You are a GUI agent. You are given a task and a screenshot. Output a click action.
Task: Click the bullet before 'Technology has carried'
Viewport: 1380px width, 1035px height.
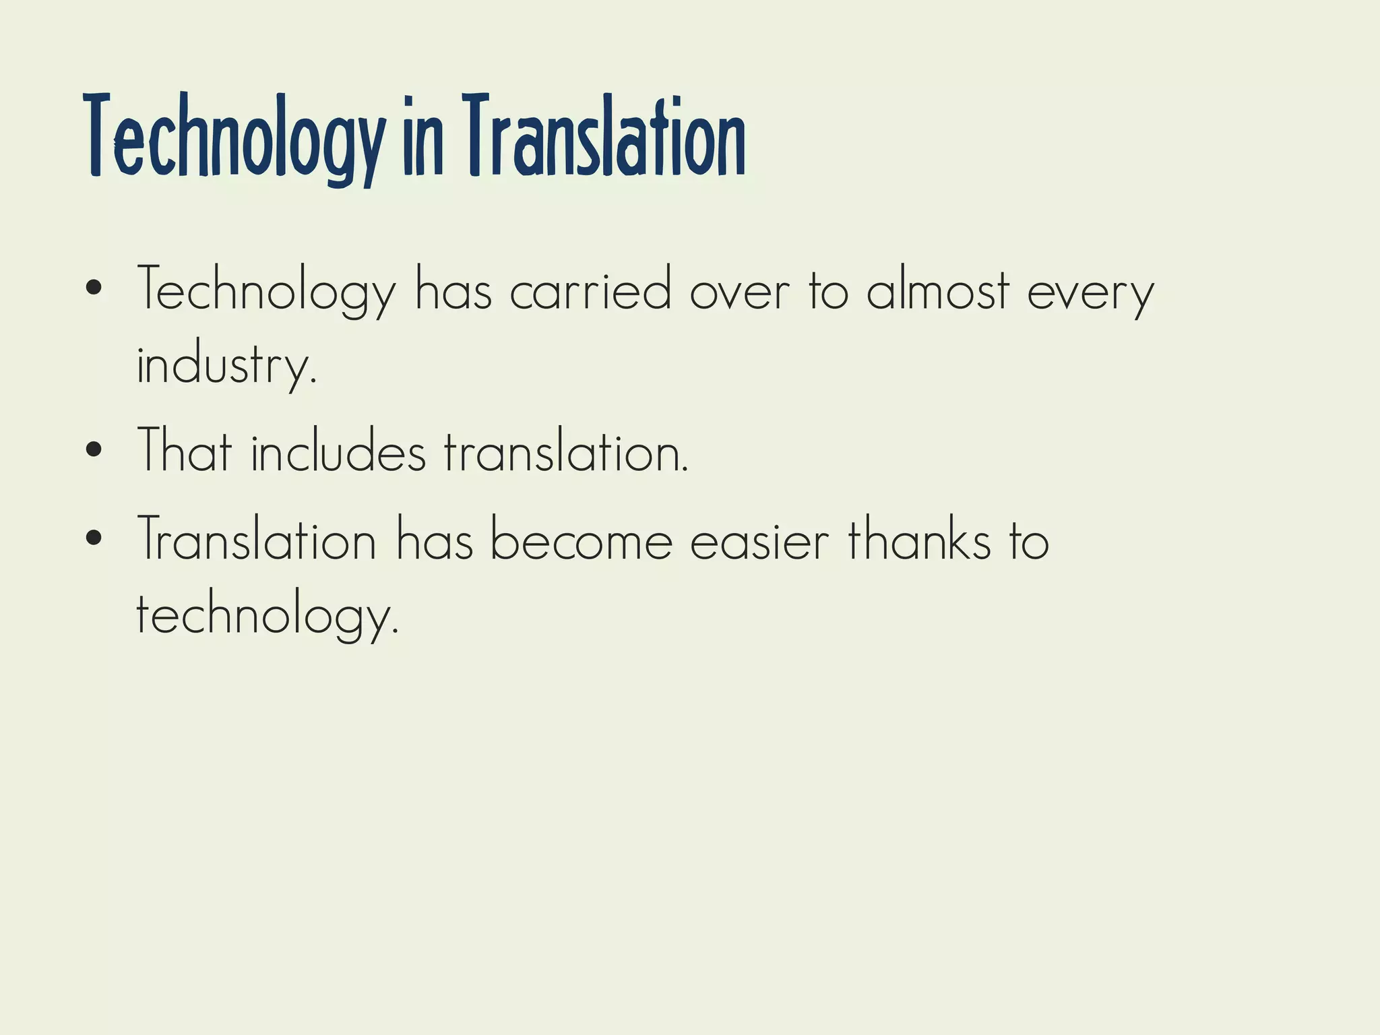(94, 289)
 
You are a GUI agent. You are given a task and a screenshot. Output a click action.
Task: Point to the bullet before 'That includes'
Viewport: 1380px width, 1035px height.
(94, 449)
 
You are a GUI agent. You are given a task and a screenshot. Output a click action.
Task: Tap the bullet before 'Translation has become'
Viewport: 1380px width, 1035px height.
(94, 538)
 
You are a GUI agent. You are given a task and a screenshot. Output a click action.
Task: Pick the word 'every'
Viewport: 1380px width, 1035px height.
(1091, 294)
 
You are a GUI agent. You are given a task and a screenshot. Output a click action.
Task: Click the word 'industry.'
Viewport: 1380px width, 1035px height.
(226, 365)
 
